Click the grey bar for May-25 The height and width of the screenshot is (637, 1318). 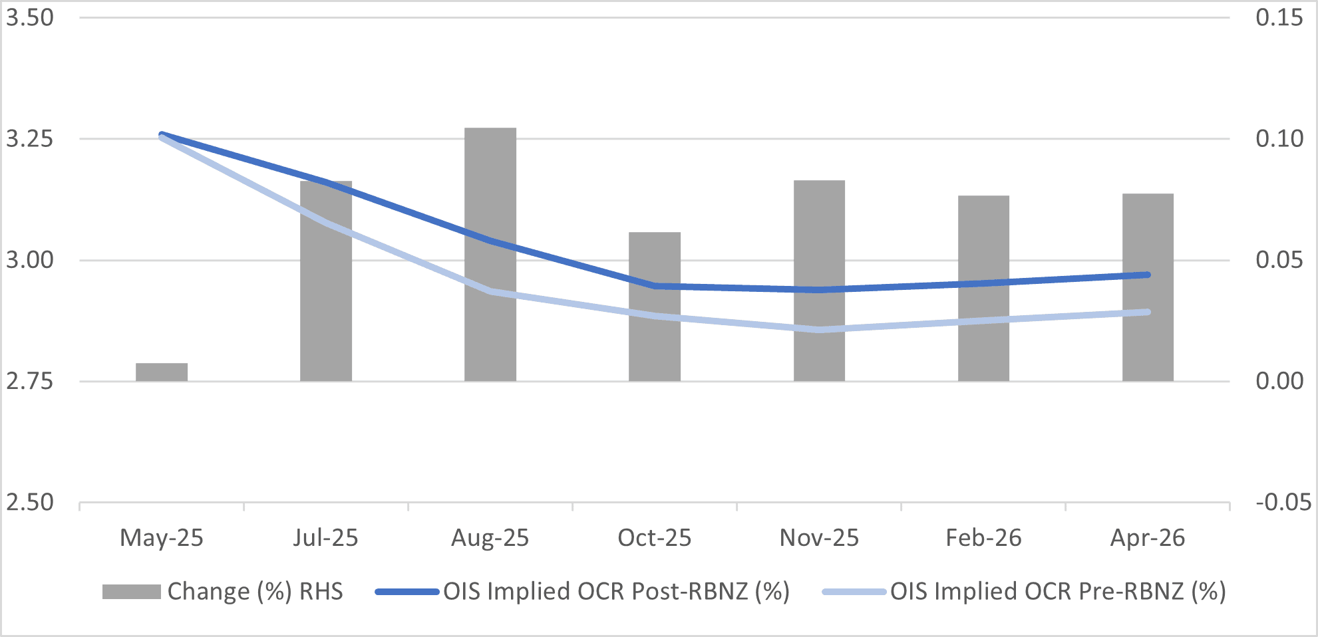pyautogui.click(x=162, y=372)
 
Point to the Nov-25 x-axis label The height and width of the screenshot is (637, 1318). pyautogui.click(x=819, y=538)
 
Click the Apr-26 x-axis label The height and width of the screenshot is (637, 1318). pyautogui.click(x=1148, y=538)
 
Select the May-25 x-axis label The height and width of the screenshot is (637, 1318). pyautogui.click(x=162, y=538)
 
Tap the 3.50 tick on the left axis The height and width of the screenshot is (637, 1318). pyautogui.click(x=30, y=18)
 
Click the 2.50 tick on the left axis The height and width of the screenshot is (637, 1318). pyautogui.click(x=30, y=503)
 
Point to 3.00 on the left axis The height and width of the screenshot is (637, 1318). pyautogui.click(x=30, y=260)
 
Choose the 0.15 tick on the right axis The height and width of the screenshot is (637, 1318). pyautogui.click(x=1279, y=18)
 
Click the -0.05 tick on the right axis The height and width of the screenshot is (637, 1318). pyautogui.click(x=1283, y=503)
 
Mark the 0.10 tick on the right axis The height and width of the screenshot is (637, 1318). pyautogui.click(x=1279, y=139)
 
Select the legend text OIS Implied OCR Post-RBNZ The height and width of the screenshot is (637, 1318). pyautogui.click(x=616, y=591)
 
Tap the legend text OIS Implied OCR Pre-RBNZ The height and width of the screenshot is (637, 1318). pyautogui.click(x=1058, y=591)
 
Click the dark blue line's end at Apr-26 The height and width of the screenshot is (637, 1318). pyautogui.click(x=1148, y=275)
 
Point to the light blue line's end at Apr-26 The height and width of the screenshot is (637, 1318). pyautogui.click(x=1148, y=312)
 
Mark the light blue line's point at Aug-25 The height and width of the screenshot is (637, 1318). pyautogui.click(x=490, y=291)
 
